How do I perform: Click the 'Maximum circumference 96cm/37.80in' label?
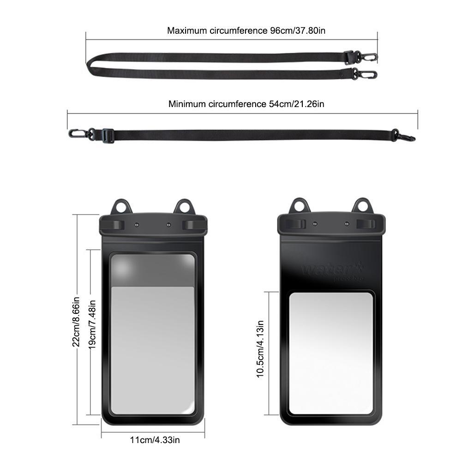(x=247, y=31)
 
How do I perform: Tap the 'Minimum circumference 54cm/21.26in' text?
(x=246, y=104)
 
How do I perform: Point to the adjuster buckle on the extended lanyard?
(x=107, y=135)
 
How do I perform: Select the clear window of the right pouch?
(x=330, y=353)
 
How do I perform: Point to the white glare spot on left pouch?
(x=126, y=268)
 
